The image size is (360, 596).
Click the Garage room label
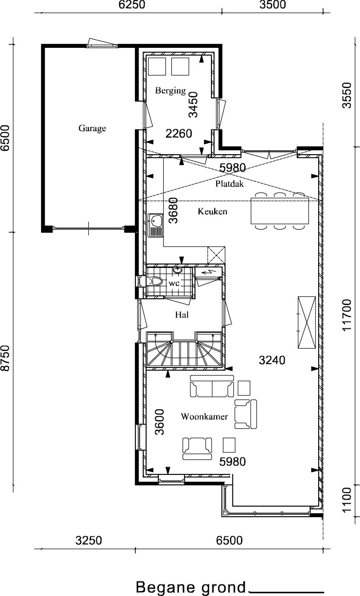[x=92, y=128]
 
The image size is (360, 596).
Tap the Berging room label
[x=171, y=91]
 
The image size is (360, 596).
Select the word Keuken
[x=212, y=211]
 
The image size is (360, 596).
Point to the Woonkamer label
[x=204, y=417]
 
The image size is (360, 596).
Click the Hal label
[x=182, y=315]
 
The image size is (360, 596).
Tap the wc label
[x=174, y=284]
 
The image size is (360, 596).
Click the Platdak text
[x=230, y=184]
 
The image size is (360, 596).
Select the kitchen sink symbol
[x=155, y=225]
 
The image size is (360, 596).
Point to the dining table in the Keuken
[x=280, y=211]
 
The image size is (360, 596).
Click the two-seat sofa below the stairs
[x=212, y=386]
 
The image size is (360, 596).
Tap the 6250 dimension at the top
[x=132, y=5]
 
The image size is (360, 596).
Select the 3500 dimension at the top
[x=272, y=5]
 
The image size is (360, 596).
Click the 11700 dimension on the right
[x=347, y=315]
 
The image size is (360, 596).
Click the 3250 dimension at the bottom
[x=89, y=541]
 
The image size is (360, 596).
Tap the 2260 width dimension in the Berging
[x=179, y=134]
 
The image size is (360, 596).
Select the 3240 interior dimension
[x=272, y=360]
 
